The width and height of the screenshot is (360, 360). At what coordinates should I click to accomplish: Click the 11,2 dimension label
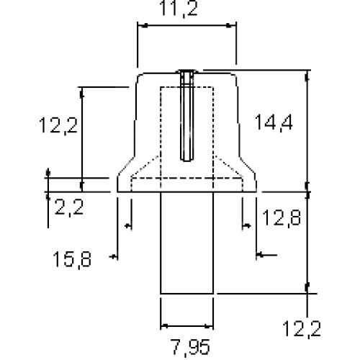click(179, 9)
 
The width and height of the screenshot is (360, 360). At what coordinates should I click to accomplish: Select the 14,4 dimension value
click(274, 122)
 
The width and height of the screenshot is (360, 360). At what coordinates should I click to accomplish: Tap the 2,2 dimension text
click(69, 207)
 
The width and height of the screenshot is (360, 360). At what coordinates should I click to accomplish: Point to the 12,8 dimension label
click(282, 217)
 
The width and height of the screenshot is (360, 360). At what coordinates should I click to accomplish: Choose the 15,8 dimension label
click(72, 259)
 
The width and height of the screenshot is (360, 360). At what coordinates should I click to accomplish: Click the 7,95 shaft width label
click(192, 347)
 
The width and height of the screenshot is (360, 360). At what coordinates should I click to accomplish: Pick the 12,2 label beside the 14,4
click(58, 125)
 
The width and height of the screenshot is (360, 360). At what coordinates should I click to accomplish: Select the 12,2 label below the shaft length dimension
click(302, 329)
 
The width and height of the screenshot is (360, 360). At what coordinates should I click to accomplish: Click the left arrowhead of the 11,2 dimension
click(143, 25)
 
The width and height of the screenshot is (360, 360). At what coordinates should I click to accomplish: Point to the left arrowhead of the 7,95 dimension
click(165, 326)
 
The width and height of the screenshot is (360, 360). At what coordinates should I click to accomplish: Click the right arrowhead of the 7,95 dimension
click(208, 326)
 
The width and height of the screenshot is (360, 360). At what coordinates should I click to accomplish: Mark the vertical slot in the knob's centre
click(186, 117)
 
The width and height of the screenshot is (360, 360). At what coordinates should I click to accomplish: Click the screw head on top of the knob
click(187, 72)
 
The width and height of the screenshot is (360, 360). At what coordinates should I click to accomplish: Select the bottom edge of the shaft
click(186, 293)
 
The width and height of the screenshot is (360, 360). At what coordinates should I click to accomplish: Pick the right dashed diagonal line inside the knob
click(229, 167)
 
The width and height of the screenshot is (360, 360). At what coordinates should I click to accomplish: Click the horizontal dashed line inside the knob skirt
click(187, 179)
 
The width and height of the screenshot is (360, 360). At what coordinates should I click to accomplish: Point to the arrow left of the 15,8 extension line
click(114, 257)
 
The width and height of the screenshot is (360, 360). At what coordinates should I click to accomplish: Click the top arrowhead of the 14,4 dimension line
click(307, 77)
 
